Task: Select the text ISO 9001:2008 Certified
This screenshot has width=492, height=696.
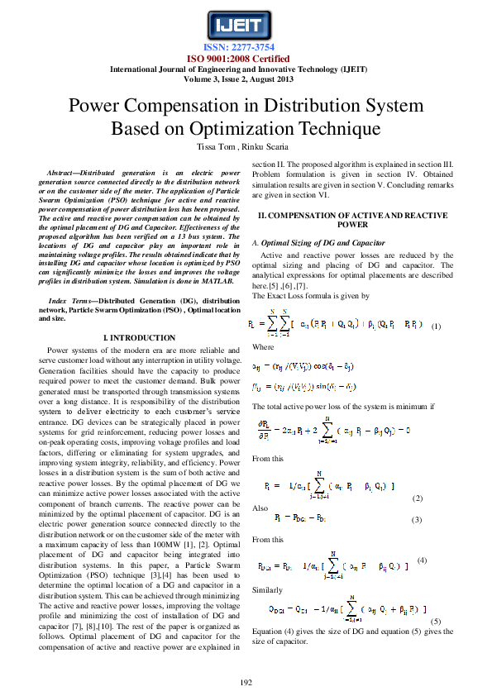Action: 246,59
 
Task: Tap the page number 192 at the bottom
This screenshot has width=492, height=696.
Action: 246,681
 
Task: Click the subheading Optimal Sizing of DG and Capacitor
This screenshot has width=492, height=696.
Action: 322,243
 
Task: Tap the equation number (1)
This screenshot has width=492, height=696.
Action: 437,326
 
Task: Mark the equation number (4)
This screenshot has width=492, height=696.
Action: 422,560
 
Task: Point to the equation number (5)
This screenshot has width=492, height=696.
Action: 436,621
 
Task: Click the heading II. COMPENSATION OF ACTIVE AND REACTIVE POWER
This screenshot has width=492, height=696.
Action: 353,219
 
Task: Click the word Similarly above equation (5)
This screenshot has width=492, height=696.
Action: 267,590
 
